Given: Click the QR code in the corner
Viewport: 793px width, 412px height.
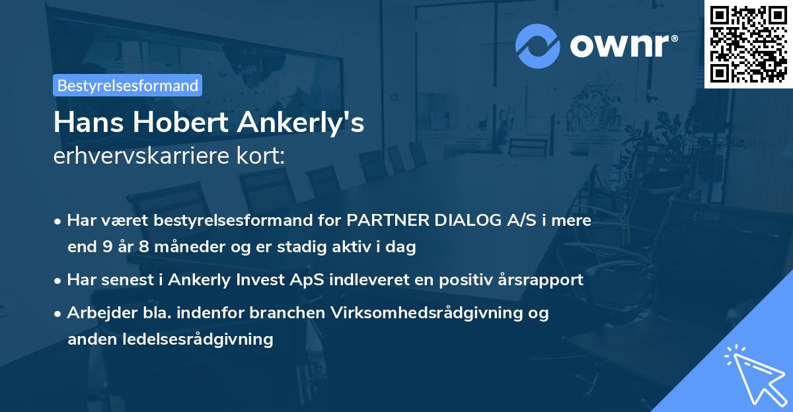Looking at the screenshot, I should [748, 44].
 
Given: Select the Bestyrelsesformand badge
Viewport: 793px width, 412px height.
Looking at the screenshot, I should [128, 85].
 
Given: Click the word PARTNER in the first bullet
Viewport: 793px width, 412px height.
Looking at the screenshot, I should [388, 221].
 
